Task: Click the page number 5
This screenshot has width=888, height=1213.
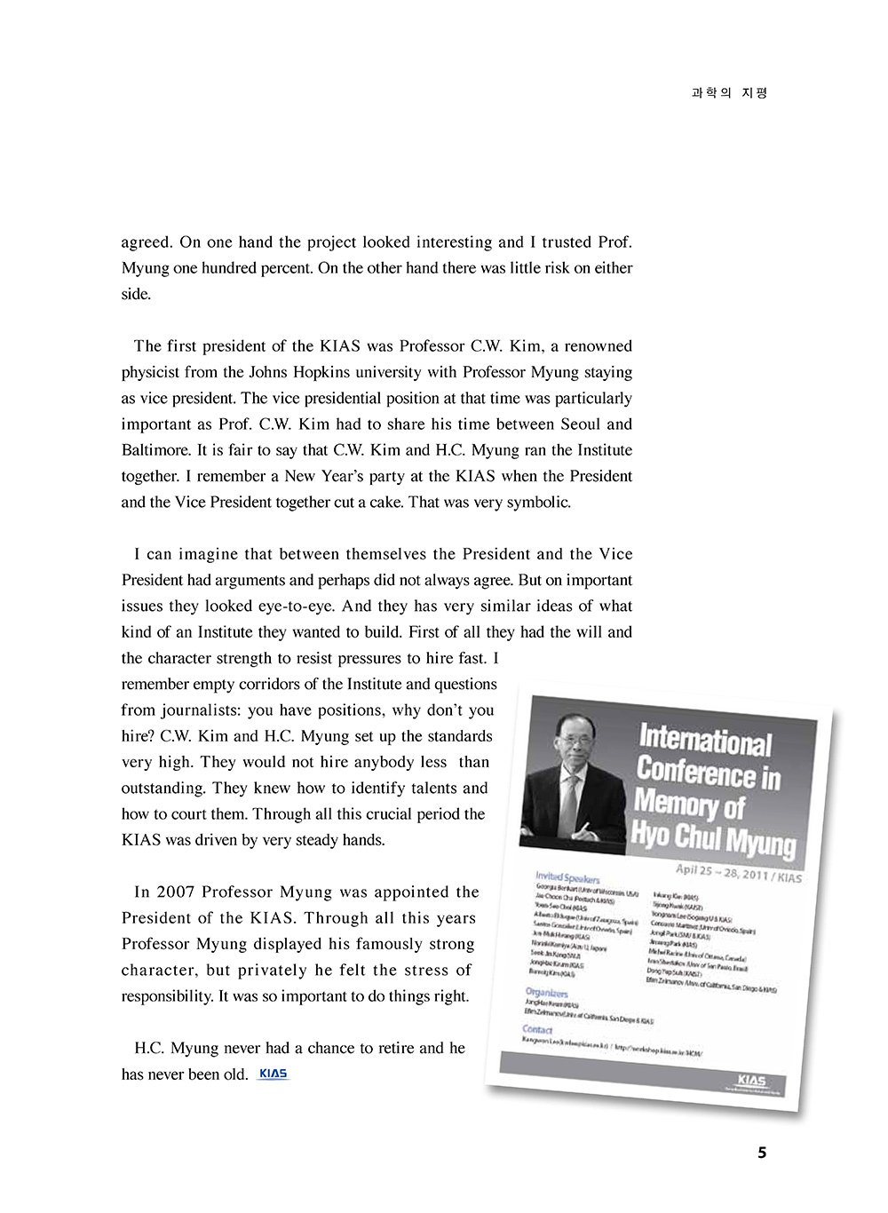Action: tap(761, 1154)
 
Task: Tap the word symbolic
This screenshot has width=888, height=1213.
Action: tap(537, 502)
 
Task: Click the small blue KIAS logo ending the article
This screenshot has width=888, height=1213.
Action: tap(273, 1074)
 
